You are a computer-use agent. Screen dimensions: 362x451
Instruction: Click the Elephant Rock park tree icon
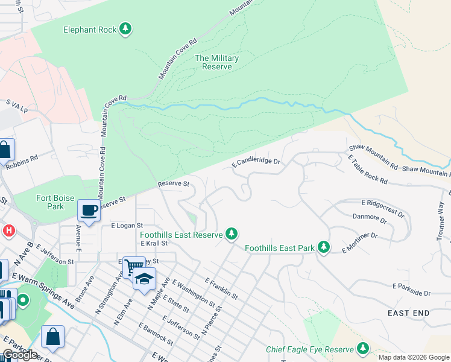[125, 28]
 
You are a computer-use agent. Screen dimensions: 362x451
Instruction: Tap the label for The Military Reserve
[217, 62]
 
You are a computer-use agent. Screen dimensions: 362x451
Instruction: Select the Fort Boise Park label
[50, 202]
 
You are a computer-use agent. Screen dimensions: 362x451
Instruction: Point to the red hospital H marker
[9, 230]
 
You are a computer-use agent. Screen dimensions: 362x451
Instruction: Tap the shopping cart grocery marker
[134, 266]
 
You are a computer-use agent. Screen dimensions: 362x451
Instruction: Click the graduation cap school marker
[145, 279]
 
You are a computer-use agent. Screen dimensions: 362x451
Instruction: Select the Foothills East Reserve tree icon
[231, 233]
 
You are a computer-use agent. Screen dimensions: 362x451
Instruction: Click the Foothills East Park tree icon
[324, 247]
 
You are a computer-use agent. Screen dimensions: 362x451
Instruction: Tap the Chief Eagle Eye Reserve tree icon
[362, 349]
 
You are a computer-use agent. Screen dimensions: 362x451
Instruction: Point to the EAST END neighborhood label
[408, 313]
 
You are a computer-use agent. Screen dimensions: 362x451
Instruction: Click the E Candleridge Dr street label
[257, 162]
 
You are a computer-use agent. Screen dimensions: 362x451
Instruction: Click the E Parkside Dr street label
[412, 289]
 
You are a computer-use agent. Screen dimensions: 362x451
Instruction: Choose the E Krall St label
[154, 243]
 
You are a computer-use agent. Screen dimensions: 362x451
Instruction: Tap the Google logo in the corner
[20, 355]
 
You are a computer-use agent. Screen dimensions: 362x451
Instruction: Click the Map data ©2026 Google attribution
[414, 357]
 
